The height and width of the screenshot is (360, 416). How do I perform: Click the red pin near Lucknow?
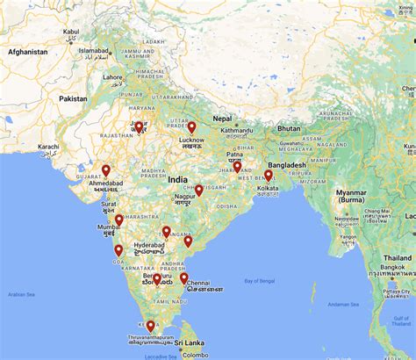[x=191, y=127]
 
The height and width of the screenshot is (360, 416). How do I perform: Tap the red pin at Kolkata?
[x=269, y=176]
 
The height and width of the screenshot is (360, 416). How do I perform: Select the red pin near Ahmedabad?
[x=106, y=171]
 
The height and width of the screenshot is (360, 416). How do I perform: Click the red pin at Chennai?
[x=184, y=278]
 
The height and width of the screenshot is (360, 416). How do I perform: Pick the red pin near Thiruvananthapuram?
[x=151, y=327]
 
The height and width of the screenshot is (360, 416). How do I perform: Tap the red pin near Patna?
[x=237, y=167]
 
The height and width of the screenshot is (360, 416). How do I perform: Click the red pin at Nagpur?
[x=199, y=191]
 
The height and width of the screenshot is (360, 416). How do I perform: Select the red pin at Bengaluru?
[x=157, y=279]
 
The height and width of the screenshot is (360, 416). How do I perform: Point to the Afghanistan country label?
[x=28, y=52]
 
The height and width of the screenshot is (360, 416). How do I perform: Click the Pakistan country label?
[x=74, y=99]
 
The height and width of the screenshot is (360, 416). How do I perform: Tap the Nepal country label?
[x=223, y=118]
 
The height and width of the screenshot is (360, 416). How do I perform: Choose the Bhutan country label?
[x=289, y=128]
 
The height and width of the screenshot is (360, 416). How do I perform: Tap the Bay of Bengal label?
[x=264, y=281]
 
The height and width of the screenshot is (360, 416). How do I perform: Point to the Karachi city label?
[x=48, y=147]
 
